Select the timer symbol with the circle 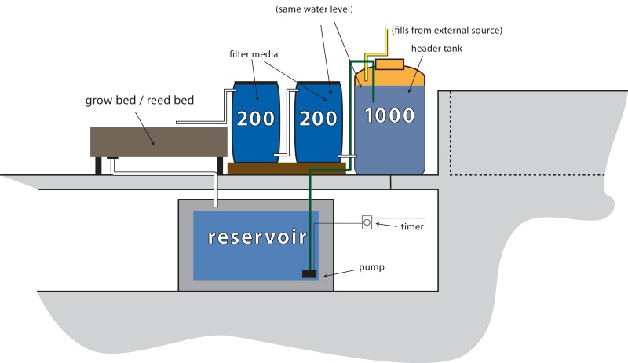click(x=367, y=222)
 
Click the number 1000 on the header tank click(x=389, y=116)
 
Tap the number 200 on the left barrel click(x=254, y=119)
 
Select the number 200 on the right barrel click(x=317, y=119)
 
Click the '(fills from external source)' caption click(x=447, y=30)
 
